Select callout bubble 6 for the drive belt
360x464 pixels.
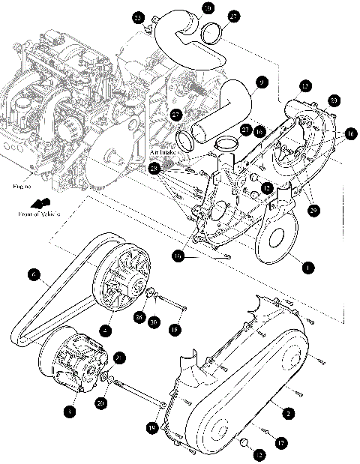click(34, 275)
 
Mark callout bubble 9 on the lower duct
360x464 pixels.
click(262, 83)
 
